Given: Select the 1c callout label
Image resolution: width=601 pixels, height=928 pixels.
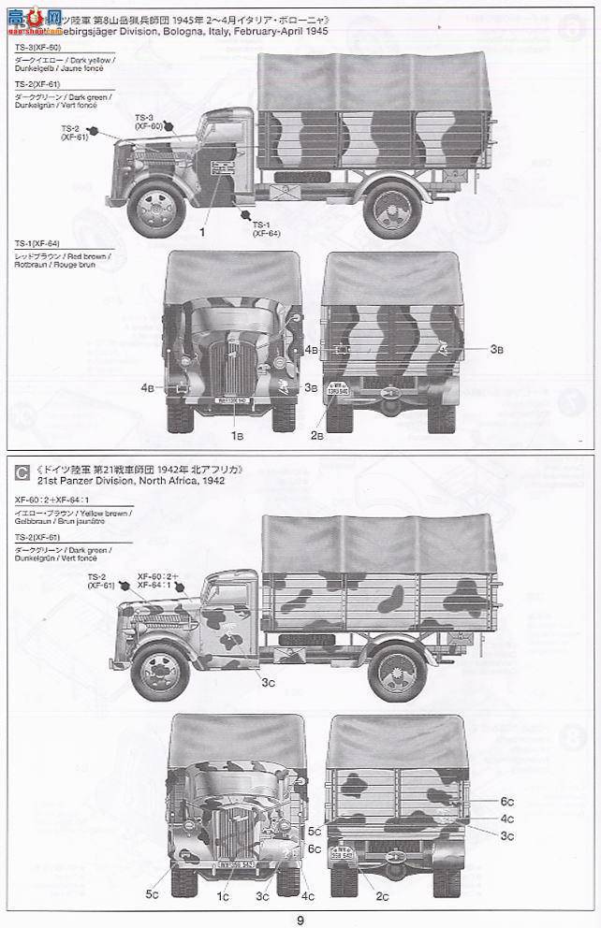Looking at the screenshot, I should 224,896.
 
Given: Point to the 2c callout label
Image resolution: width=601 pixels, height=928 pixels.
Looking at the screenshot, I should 383,895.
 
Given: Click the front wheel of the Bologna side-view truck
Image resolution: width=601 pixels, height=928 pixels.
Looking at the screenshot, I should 155,207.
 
